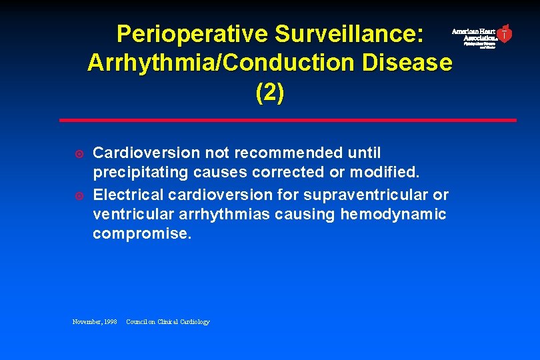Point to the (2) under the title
tap(269, 93)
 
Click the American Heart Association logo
tap(482, 35)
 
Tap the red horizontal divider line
tap(287, 120)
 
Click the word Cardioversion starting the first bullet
tap(137, 153)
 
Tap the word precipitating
tap(141, 173)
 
